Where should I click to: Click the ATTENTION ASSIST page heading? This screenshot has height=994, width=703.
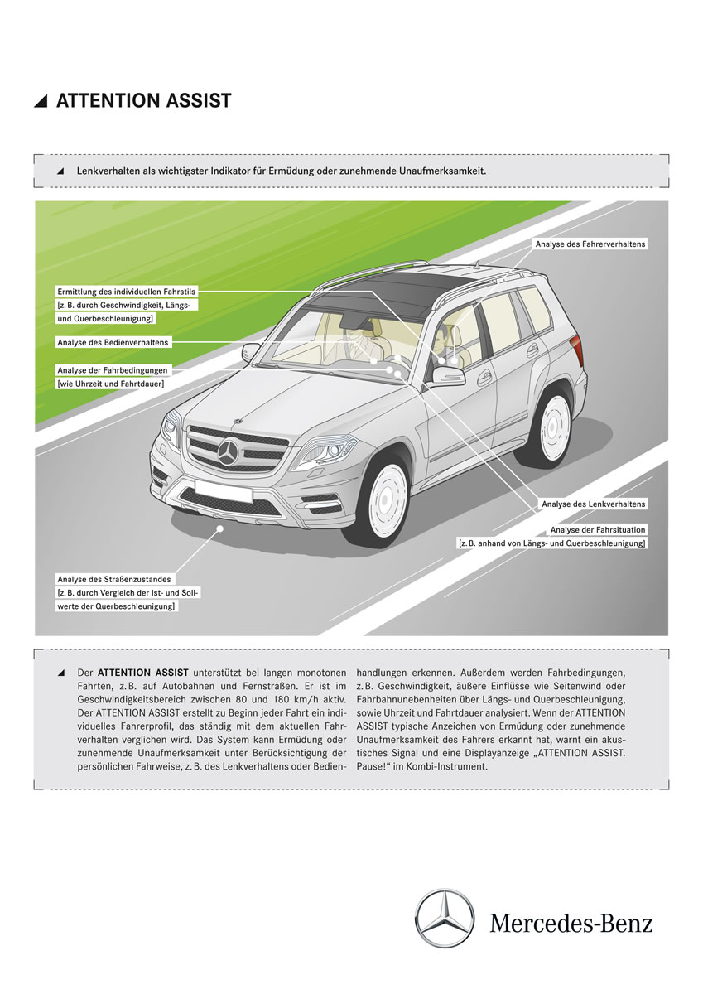(x=143, y=101)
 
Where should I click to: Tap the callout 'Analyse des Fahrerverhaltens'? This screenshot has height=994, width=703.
(x=590, y=244)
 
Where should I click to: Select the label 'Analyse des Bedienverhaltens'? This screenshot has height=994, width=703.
(x=113, y=342)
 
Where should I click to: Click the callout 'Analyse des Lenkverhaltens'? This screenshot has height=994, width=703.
(x=593, y=504)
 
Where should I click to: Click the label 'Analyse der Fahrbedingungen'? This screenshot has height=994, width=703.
(x=113, y=369)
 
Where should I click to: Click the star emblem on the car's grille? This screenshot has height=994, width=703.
(x=229, y=451)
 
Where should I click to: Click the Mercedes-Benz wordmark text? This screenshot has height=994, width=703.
(x=571, y=922)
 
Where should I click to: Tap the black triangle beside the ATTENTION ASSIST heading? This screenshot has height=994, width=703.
(x=41, y=102)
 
